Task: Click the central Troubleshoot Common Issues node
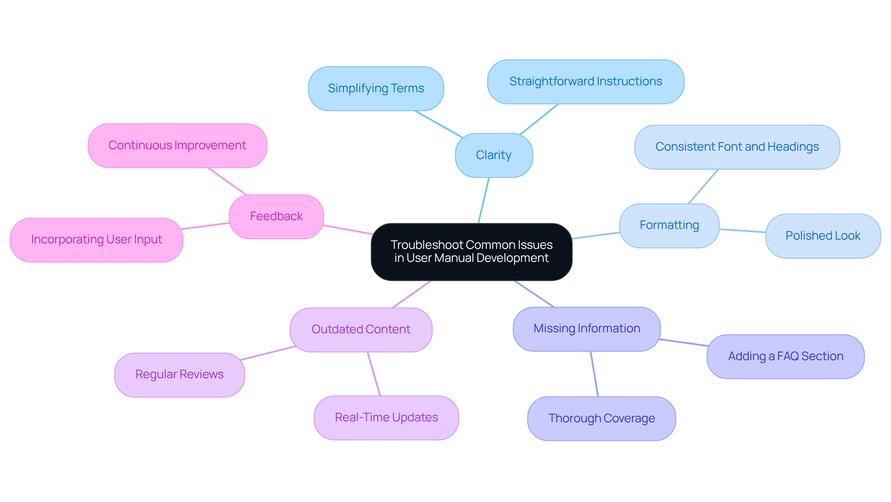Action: coord(471,252)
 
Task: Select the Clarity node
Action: coord(494,155)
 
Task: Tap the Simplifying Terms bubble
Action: coord(376,89)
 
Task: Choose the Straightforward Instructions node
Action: coord(586,82)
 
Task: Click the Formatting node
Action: coord(669,225)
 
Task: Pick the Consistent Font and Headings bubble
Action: coord(737,147)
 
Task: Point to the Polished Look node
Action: coord(823,236)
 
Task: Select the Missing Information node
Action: coord(587,329)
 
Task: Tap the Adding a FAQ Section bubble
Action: coord(785,356)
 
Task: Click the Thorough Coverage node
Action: coord(601,419)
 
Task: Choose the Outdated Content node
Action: coord(361,330)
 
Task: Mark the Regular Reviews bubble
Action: coord(180,375)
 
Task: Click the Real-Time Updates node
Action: coord(386,418)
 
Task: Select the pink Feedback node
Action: coord(276,216)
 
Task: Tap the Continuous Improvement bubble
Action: coord(177,146)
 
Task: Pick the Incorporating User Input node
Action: coord(97,240)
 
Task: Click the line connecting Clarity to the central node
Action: coord(484,200)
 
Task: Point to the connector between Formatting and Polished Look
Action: coord(742,230)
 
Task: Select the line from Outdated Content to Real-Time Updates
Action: coord(374,374)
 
